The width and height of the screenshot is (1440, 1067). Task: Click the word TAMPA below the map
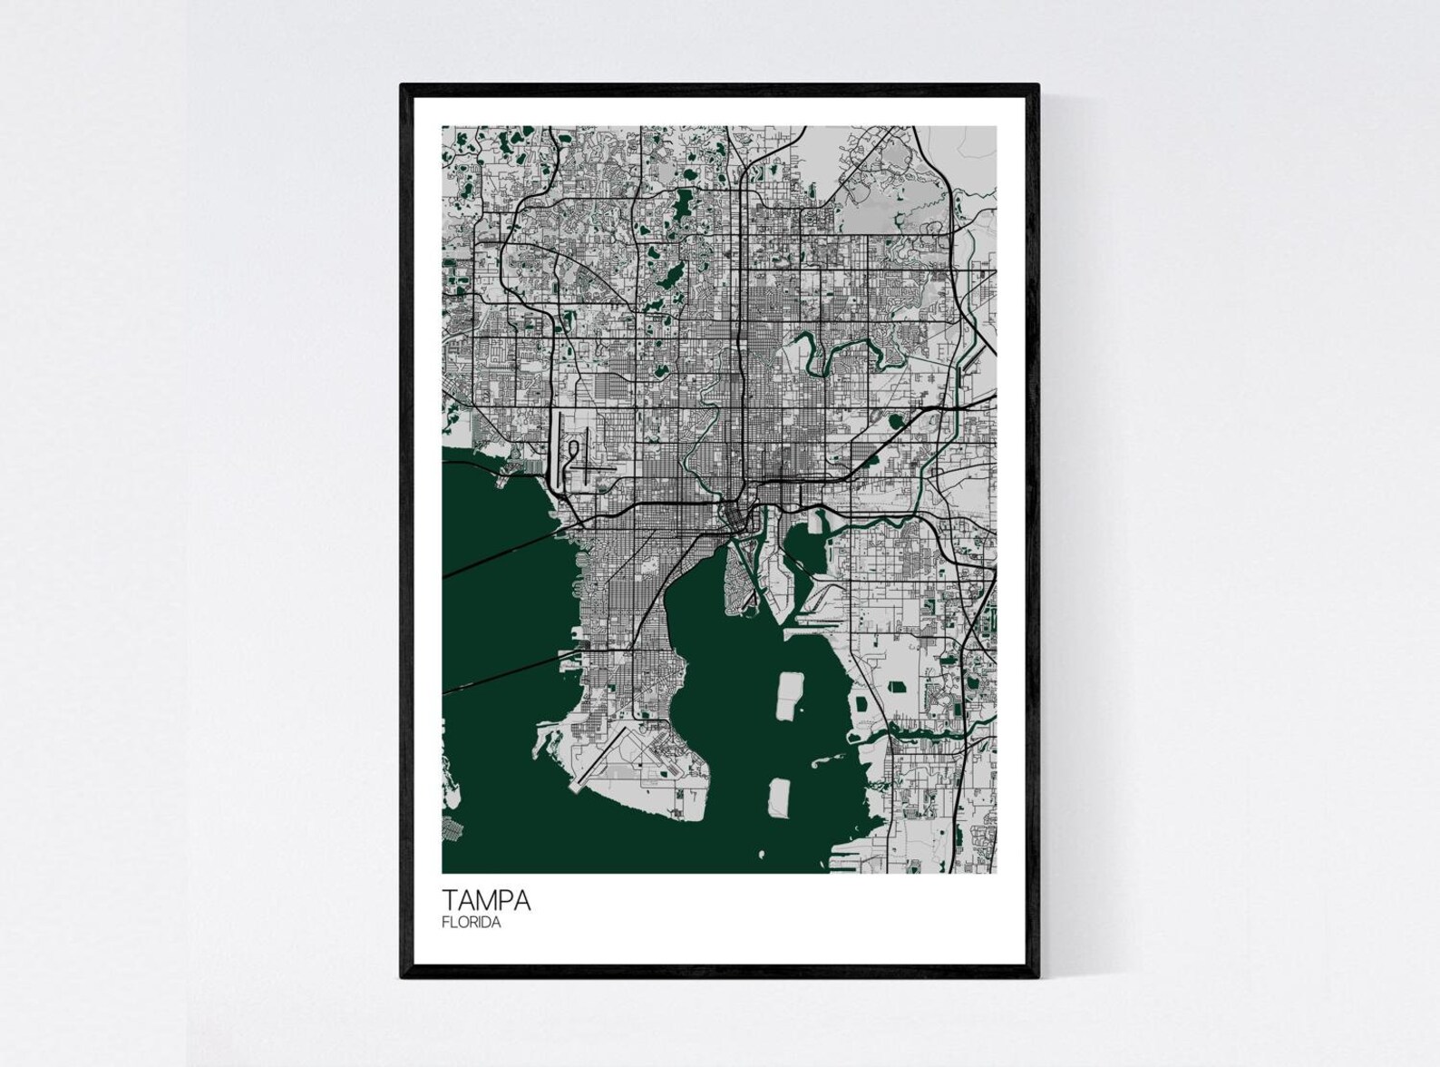(x=486, y=900)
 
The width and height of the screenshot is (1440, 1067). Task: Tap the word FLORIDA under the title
(x=472, y=923)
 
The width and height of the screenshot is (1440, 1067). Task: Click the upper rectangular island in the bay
(x=788, y=696)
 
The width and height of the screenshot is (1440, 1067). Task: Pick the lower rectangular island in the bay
(x=779, y=795)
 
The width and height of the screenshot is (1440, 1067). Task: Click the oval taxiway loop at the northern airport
(x=573, y=454)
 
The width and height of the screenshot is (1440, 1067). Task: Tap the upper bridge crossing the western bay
(x=499, y=553)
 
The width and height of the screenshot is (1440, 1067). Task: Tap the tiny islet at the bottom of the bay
(x=763, y=854)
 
